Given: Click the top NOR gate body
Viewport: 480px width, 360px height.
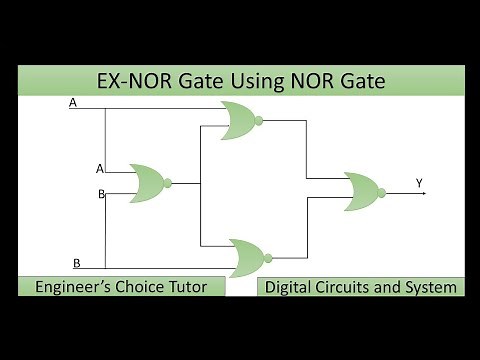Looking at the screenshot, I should (x=236, y=119).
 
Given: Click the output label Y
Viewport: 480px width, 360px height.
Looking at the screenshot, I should (x=419, y=182).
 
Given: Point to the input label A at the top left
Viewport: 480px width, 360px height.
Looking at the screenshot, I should (x=72, y=103).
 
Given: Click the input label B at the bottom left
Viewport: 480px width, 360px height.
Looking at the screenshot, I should (x=76, y=263).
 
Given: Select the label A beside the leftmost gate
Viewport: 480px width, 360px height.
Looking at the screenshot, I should (x=98, y=168).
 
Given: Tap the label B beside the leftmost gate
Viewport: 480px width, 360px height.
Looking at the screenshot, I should (x=101, y=193).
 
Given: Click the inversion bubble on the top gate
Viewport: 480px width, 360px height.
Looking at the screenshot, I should (x=259, y=120).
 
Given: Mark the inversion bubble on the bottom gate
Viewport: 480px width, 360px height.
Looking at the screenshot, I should (x=268, y=257).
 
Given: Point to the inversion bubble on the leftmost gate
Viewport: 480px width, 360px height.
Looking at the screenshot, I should (x=168, y=182).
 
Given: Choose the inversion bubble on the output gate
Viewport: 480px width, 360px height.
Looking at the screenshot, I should (x=382, y=188).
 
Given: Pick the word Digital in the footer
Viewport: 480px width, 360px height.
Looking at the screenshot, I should (x=290, y=287).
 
